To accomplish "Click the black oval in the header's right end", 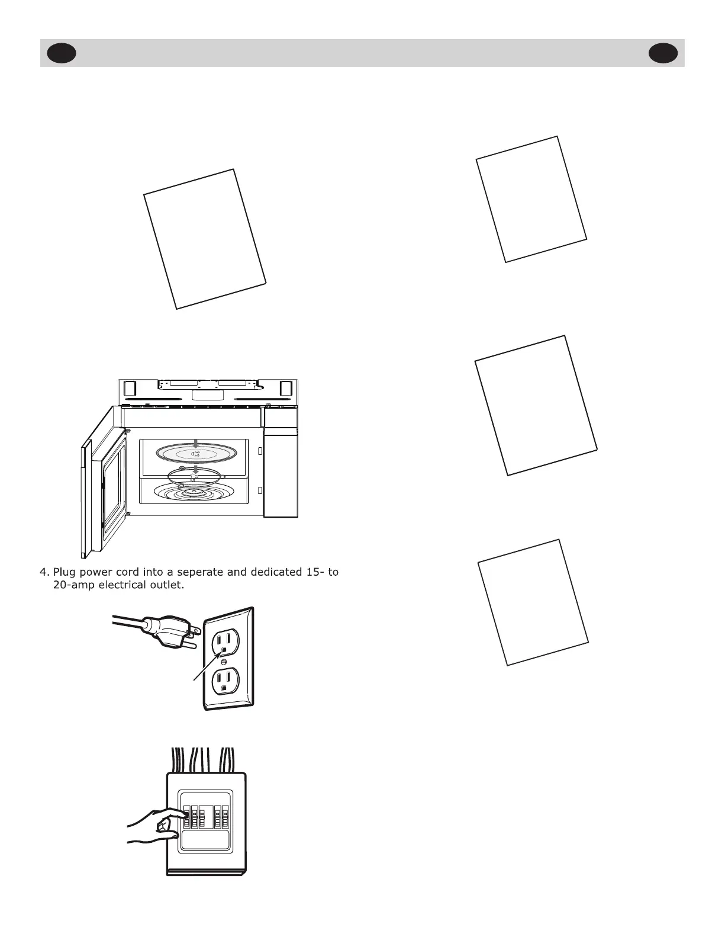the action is click(663, 53).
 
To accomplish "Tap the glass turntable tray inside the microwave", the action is click(196, 454).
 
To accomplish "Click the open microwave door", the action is click(104, 480).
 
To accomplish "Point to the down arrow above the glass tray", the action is click(196, 444).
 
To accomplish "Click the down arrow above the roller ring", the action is click(196, 470).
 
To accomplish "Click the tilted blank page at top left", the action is click(205, 239).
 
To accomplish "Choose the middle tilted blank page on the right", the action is click(536, 405).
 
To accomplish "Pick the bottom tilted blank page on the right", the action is click(533, 602).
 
